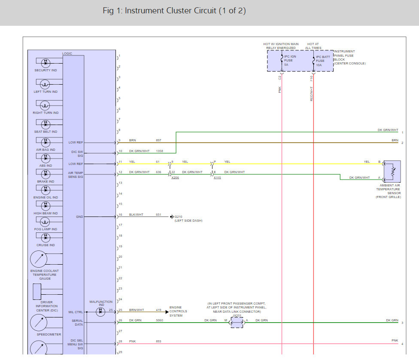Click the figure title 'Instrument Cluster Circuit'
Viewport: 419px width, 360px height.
[x=174, y=11]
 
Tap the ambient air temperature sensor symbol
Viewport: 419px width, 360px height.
[x=392, y=172]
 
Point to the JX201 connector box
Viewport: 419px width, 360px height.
[x=237, y=323]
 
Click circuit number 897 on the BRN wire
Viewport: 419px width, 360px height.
[x=158, y=140]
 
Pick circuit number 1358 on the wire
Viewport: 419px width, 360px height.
[x=160, y=151]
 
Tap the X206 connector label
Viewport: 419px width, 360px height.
[x=175, y=177]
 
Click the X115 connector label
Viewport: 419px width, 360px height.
[x=217, y=177]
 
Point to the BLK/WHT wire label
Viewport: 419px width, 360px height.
[x=136, y=215]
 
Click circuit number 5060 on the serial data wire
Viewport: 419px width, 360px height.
[x=159, y=320]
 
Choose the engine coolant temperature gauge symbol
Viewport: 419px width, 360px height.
[x=39, y=259]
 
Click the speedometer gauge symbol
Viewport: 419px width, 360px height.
[x=39, y=323]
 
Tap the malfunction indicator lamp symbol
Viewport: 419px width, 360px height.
[x=100, y=312]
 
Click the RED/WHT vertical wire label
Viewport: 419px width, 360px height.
[x=311, y=94]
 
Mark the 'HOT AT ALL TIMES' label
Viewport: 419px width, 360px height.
[x=314, y=46]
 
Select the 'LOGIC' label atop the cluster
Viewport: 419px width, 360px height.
[x=67, y=53]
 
